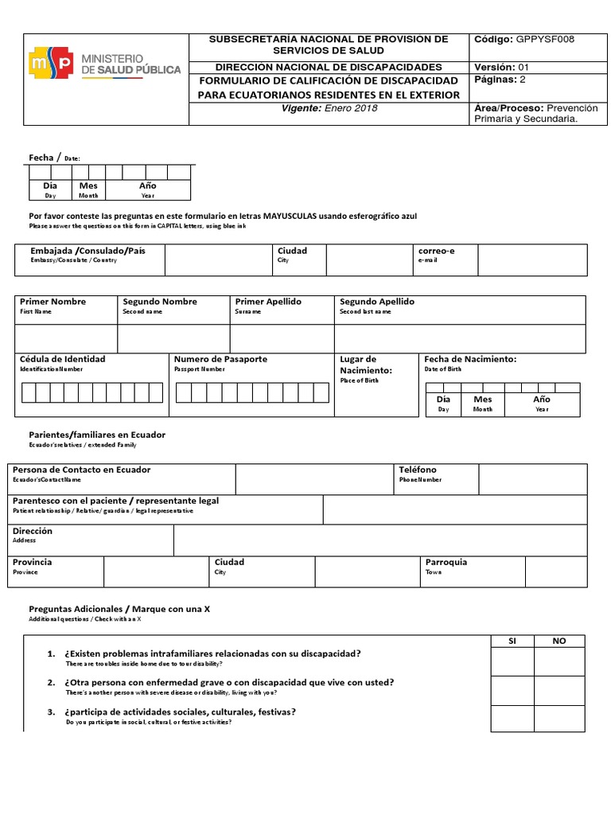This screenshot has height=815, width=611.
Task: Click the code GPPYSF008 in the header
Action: point(546,39)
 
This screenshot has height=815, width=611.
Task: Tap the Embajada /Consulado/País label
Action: point(88,251)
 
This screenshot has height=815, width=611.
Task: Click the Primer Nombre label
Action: point(53,302)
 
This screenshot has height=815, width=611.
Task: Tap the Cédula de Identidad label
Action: point(62,359)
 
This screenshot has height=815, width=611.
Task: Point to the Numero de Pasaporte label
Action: point(220,359)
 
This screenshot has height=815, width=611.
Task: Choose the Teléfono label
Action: point(418,470)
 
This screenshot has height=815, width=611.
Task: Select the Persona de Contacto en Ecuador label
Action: point(82,470)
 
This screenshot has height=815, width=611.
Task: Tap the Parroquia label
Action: point(446,562)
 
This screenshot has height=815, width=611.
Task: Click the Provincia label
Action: point(33,562)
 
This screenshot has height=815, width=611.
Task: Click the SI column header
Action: point(512,641)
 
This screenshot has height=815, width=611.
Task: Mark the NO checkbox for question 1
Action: point(559,661)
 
